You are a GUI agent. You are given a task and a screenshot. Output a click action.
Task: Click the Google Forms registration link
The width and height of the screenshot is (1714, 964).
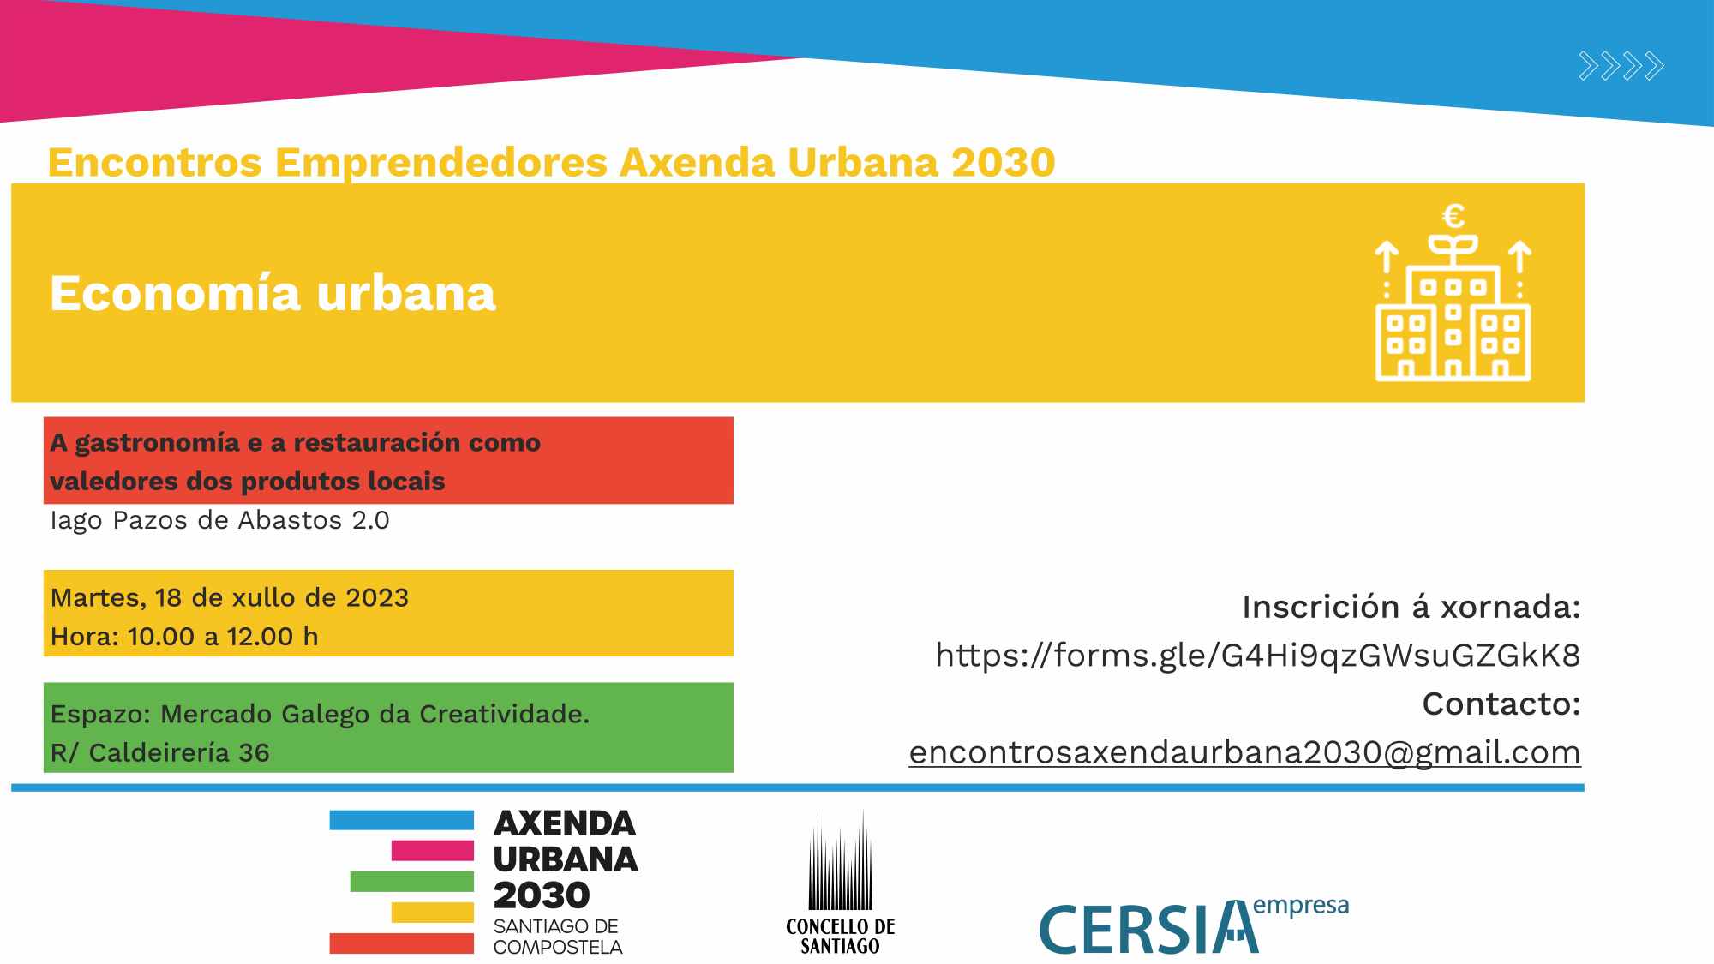click(x=1257, y=656)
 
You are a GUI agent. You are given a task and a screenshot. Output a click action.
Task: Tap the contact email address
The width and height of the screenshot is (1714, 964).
click(x=1244, y=752)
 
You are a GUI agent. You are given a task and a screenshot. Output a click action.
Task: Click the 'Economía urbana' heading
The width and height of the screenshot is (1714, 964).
click(x=273, y=293)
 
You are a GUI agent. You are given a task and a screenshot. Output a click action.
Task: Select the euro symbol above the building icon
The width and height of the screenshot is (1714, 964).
click(x=1453, y=215)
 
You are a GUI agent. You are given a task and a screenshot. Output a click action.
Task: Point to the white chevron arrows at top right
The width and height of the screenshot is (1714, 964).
click(x=1621, y=66)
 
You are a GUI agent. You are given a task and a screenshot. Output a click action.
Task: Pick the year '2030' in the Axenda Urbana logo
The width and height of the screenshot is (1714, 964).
click(x=542, y=895)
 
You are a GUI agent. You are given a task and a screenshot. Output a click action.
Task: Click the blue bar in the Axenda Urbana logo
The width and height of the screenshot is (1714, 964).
click(x=401, y=820)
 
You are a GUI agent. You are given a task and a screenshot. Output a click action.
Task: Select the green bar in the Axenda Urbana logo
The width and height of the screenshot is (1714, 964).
click(x=411, y=882)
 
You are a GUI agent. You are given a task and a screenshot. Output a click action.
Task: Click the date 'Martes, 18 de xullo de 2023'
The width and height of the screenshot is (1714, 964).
click(x=230, y=597)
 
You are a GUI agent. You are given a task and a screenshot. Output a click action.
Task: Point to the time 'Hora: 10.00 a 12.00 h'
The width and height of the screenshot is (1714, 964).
click(x=184, y=637)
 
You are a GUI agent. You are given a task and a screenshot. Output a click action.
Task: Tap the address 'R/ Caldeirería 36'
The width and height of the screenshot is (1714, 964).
click(x=160, y=752)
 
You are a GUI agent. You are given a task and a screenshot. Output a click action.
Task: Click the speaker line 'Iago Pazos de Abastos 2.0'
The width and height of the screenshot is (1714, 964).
click(x=219, y=520)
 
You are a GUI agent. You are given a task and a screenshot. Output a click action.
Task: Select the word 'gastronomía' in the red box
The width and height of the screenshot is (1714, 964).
click(x=157, y=443)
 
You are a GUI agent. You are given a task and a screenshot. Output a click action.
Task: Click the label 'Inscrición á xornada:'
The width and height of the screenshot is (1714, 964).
click(x=1411, y=607)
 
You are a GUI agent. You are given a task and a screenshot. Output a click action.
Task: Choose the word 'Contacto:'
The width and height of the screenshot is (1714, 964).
click(x=1501, y=704)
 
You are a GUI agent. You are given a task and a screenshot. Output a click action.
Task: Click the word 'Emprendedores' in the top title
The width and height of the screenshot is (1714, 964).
click(x=440, y=163)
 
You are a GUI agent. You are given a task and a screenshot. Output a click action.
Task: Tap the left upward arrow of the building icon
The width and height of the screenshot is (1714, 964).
click(x=1387, y=257)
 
